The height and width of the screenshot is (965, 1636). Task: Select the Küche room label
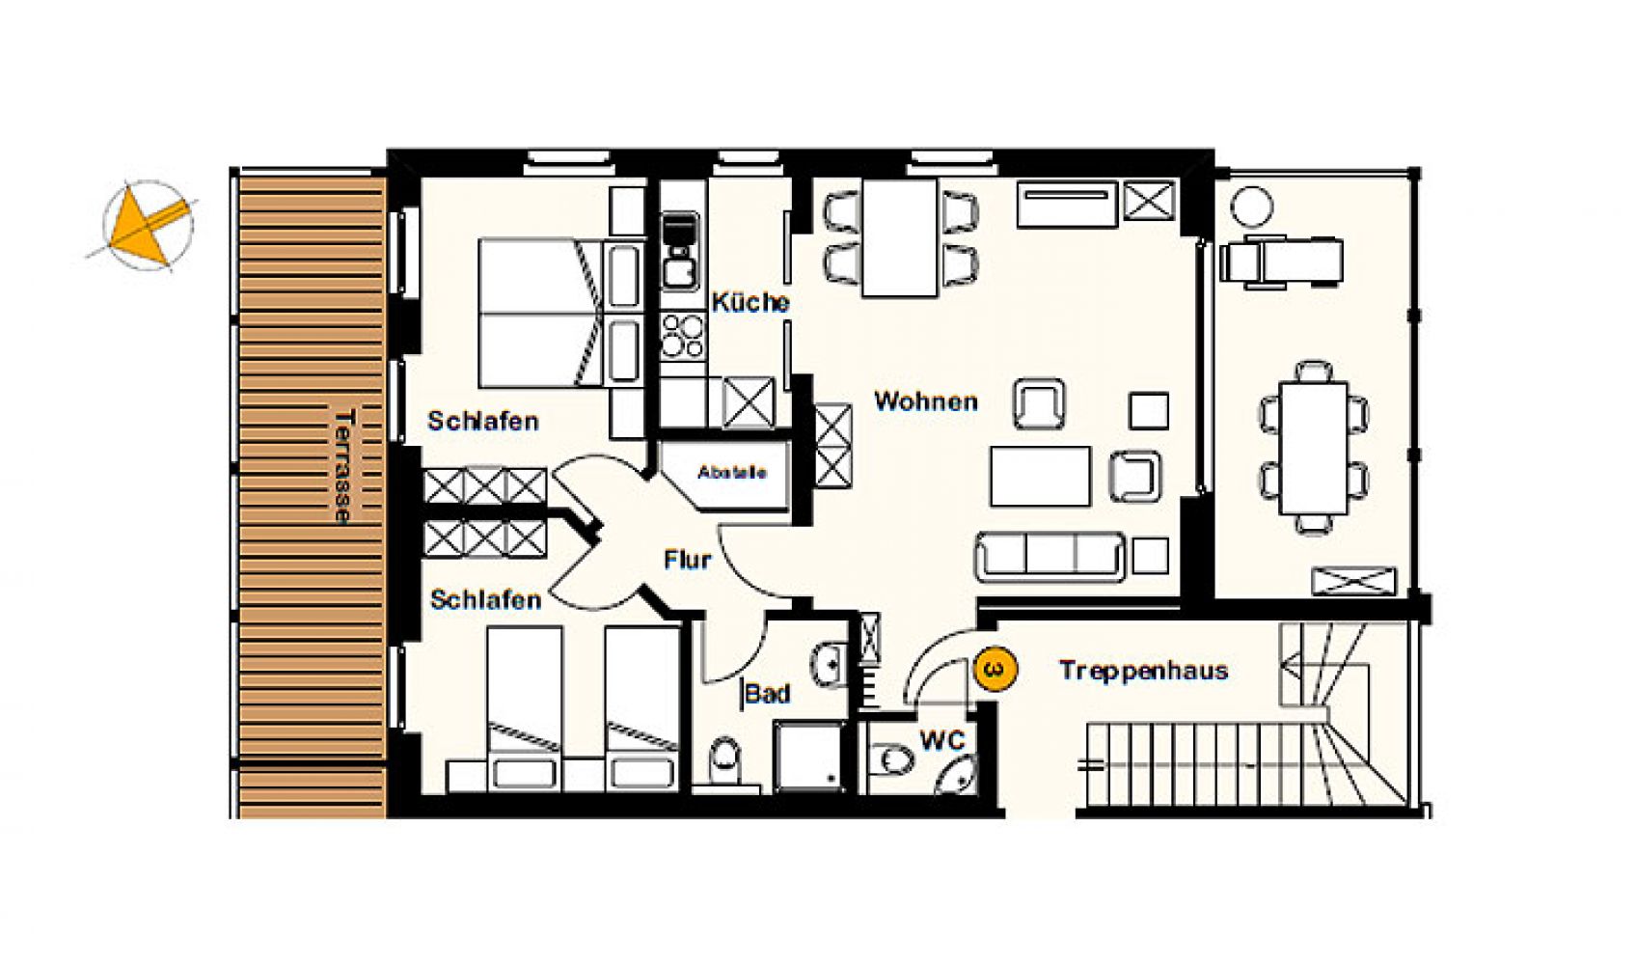(x=750, y=302)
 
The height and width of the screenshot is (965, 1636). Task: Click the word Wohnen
(x=925, y=401)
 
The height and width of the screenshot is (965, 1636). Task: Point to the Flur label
(x=687, y=560)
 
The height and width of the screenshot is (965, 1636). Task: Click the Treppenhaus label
(x=1144, y=670)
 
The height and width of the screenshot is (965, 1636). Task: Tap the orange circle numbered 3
(x=995, y=669)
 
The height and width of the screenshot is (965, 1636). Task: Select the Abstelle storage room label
(x=732, y=473)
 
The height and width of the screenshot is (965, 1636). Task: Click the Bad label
(x=768, y=693)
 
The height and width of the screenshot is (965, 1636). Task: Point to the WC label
(x=942, y=740)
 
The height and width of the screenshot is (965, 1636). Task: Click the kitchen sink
(x=681, y=251)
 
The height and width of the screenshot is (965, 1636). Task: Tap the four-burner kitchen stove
(x=682, y=335)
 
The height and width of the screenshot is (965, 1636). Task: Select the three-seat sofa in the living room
(x=1049, y=557)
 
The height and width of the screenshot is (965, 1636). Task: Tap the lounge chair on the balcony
(x=1281, y=260)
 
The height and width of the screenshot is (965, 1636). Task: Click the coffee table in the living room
(x=1040, y=477)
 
